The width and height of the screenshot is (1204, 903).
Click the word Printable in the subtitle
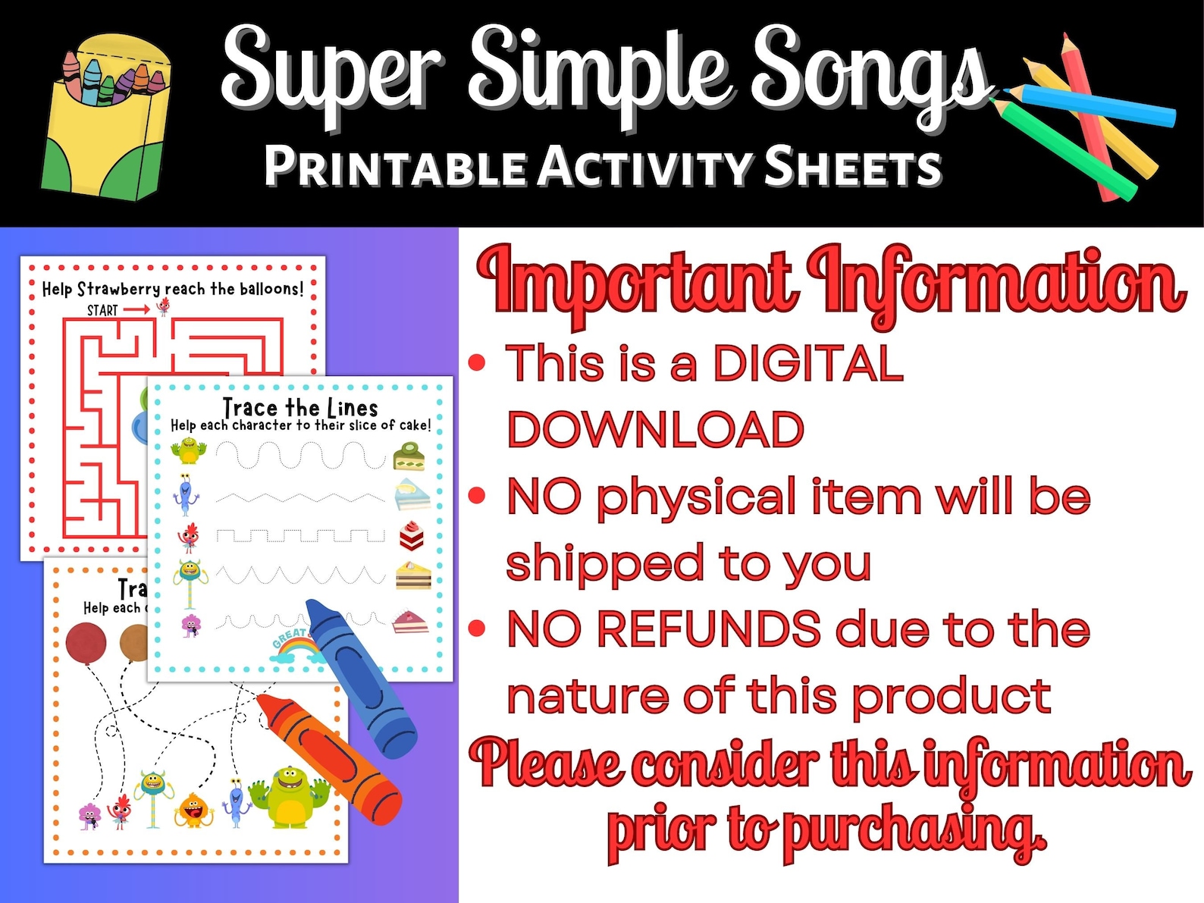pos(394,167)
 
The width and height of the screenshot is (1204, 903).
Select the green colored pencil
pos(1069,148)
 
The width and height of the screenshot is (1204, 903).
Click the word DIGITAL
pos(807,363)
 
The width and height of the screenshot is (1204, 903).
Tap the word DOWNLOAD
pos(655,430)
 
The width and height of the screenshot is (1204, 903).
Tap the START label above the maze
pos(102,310)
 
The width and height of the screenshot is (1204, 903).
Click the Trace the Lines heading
pos(300,407)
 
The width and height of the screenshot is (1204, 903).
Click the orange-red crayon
pos(330,758)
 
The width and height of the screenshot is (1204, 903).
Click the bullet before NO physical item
pos(477,496)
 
